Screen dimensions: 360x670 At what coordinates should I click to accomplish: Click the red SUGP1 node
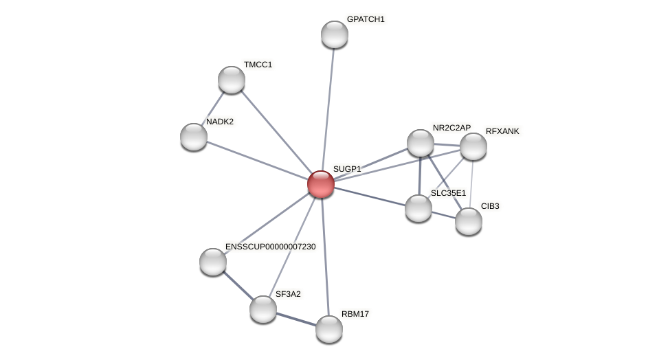pyautogui.click(x=321, y=184)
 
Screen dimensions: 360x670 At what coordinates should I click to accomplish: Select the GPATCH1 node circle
pyautogui.click(x=335, y=34)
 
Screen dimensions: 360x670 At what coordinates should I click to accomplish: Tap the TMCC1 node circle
pyautogui.click(x=232, y=80)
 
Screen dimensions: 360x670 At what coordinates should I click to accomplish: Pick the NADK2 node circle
pyautogui.click(x=194, y=137)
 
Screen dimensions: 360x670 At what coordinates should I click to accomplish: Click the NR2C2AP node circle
pyautogui.click(x=421, y=143)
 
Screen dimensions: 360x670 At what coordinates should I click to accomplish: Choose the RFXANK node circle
pyautogui.click(x=473, y=146)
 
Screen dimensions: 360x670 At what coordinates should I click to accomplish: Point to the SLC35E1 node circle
pyautogui.click(x=418, y=207)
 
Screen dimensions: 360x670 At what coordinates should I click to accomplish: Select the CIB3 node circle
pyautogui.click(x=469, y=221)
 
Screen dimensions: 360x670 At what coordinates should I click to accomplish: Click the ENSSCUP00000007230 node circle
pyautogui.click(x=213, y=262)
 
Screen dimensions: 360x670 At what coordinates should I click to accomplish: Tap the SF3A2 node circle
pyautogui.click(x=263, y=309)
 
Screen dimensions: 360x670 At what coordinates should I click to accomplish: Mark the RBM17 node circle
pyautogui.click(x=329, y=329)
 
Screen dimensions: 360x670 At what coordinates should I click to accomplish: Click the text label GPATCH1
pyautogui.click(x=366, y=19)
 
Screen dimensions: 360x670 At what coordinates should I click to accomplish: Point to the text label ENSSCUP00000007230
pyautogui.click(x=270, y=247)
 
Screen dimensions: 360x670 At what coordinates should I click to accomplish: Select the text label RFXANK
pyautogui.click(x=502, y=131)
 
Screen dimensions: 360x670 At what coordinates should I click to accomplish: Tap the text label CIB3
pyautogui.click(x=490, y=206)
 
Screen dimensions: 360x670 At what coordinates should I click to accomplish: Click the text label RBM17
pyautogui.click(x=355, y=314)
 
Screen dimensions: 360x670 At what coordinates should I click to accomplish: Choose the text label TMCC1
pyautogui.click(x=258, y=65)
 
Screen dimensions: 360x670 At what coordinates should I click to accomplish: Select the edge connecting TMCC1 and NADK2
pyautogui.click(x=212, y=109)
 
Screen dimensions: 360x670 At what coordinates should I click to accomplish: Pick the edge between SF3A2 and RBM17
pyautogui.click(x=296, y=319)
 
